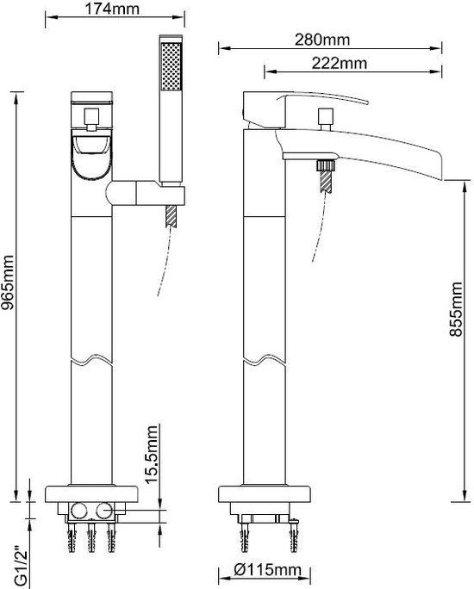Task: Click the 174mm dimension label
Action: [x=112, y=9]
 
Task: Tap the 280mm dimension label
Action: [x=322, y=40]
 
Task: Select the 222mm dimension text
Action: [x=339, y=63]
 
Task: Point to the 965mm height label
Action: [x=8, y=282]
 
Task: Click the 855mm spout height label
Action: [x=456, y=309]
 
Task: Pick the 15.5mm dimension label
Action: [x=151, y=454]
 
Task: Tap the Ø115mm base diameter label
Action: [x=267, y=570]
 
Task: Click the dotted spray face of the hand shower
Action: [x=171, y=66]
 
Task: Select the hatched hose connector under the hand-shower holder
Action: [x=171, y=216]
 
